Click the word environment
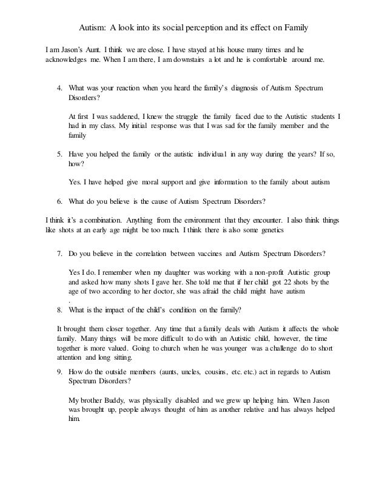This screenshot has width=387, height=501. click(x=184, y=220)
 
